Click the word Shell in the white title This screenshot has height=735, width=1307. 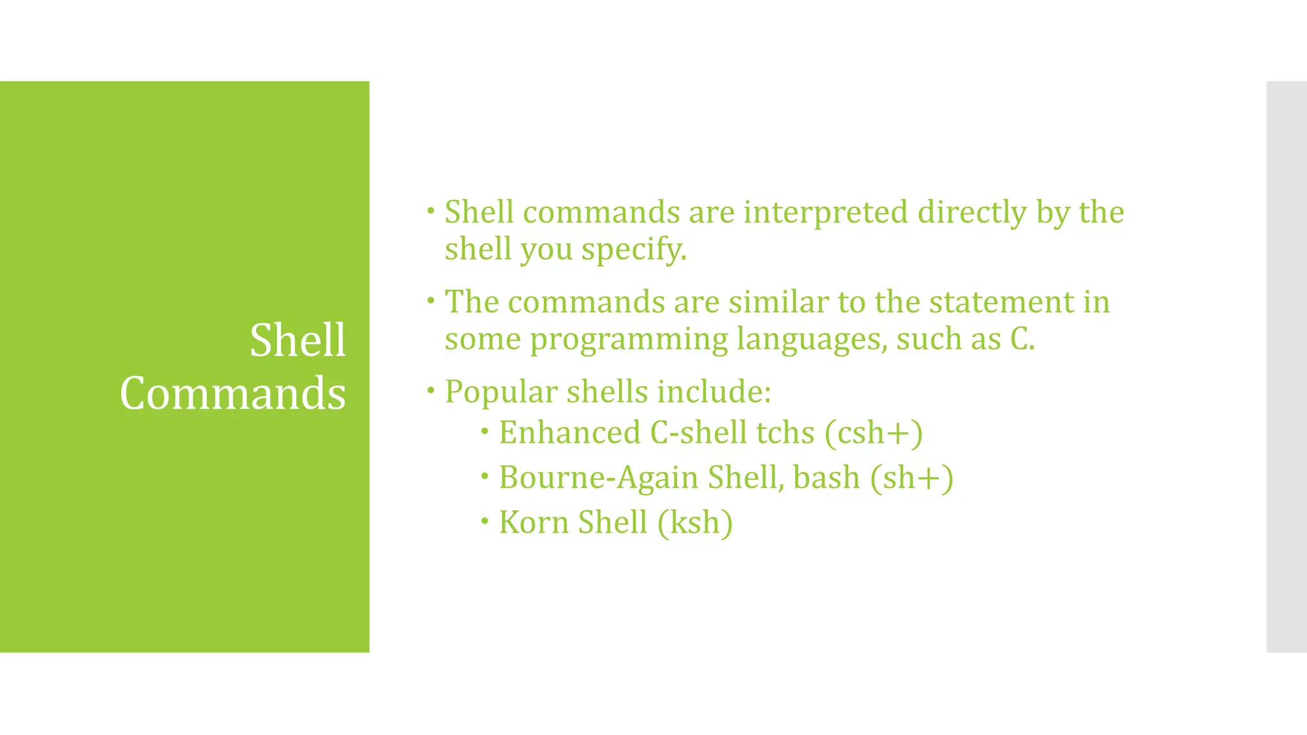click(x=297, y=340)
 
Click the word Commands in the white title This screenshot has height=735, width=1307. click(x=233, y=393)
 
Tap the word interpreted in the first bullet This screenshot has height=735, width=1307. click(x=826, y=212)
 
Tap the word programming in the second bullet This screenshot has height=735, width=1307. click(x=629, y=340)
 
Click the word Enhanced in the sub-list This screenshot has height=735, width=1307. click(x=569, y=433)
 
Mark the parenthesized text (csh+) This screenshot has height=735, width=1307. click(x=874, y=434)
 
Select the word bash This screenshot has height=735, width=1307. click(x=826, y=477)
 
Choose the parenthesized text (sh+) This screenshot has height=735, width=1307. click(x=912, y=479)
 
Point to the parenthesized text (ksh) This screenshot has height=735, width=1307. click(x=696, y=523)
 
